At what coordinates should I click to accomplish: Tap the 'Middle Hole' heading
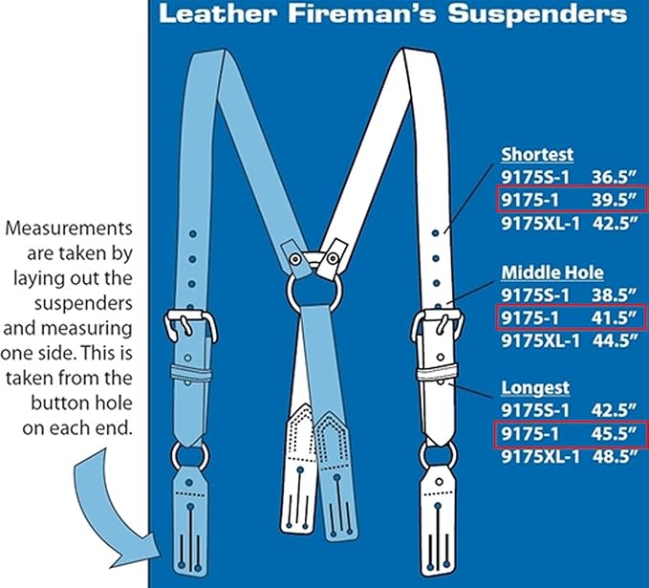(x=552, y=273)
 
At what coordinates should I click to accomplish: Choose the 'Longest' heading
(x=535, y=388)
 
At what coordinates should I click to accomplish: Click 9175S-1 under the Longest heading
(x=533, y=411)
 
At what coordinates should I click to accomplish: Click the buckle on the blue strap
(x=192, y=325)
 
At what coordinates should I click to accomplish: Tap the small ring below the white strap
(x=439, y=455)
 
